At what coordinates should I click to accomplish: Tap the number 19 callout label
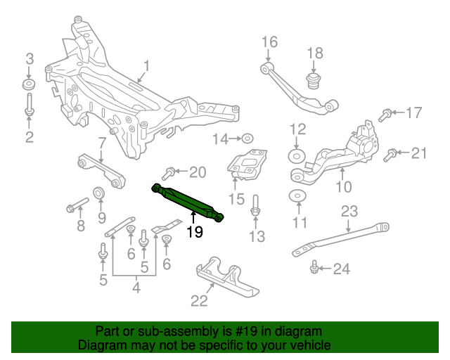pos(194,232)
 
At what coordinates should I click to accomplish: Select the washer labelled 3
pos(29,85)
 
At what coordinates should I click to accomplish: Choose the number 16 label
pos(270,43)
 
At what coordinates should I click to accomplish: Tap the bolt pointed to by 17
pos(386,113)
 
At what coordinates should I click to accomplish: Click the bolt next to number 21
pos(391,154)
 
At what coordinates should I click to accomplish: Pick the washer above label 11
pos(297,195)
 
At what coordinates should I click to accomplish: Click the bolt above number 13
pos(256,205)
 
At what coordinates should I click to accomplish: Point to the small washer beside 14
pos(247,139)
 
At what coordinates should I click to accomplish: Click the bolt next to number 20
pos(169,172)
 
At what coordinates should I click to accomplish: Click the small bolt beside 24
pos(314,267)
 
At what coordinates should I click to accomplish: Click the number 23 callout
pos(349,211)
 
